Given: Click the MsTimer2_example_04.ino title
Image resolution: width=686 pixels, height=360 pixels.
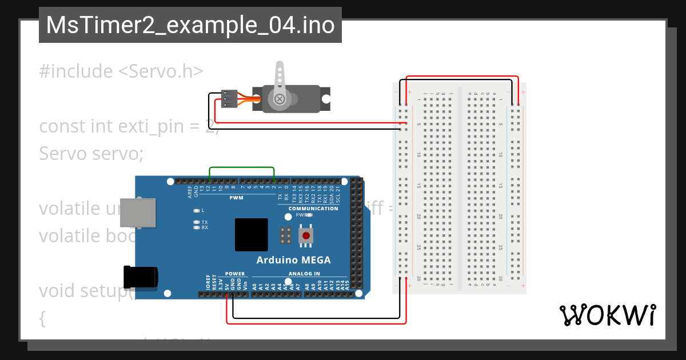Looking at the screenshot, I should tap(190, 25).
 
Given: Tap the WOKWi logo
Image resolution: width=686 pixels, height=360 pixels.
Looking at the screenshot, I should tap(607, 315).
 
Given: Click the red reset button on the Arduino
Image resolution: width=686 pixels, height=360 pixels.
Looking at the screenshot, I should tap(306, 235).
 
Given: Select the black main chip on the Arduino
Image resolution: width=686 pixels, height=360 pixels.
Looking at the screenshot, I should tap(251, 234).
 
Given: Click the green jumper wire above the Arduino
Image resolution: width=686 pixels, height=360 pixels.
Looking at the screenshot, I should tap(242, 167).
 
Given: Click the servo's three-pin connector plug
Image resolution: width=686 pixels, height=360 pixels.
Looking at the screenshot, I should tap(229, 98).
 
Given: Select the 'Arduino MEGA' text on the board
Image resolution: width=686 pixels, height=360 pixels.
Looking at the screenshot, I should tap(293, 260).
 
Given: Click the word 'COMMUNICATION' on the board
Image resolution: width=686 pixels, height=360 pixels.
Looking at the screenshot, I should tap(313, 209).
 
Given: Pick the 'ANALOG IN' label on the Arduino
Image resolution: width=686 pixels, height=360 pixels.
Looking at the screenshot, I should tap(305, 274).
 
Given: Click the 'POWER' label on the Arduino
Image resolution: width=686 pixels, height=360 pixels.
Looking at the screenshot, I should tap(235, 274).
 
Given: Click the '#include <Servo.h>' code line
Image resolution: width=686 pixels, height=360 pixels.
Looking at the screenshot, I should tap(121, 71).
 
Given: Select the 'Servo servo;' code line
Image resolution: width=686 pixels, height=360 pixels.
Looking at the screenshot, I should tap(91, 153).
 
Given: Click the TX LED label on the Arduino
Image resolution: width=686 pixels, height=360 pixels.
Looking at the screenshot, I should tap(204, 222).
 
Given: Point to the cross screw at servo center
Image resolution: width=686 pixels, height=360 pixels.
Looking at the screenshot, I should tap(280, 99).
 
